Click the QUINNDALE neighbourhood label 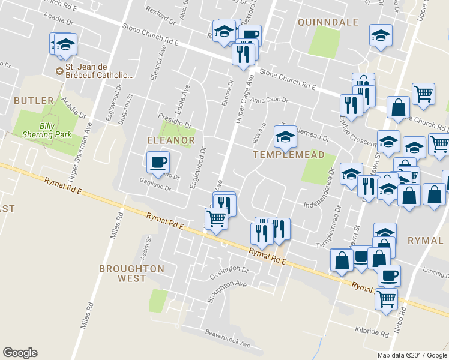click(328, 22)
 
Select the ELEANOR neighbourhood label click(171, 140)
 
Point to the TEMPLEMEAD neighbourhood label click(288, 155)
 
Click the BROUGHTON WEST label click(131, 273)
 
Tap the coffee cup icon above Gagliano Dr click(158, 162)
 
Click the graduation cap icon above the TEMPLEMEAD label click(285, 137)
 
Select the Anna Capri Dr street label click(270, 100)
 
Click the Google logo click(20, 353)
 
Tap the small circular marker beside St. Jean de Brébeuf click(59, 72)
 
